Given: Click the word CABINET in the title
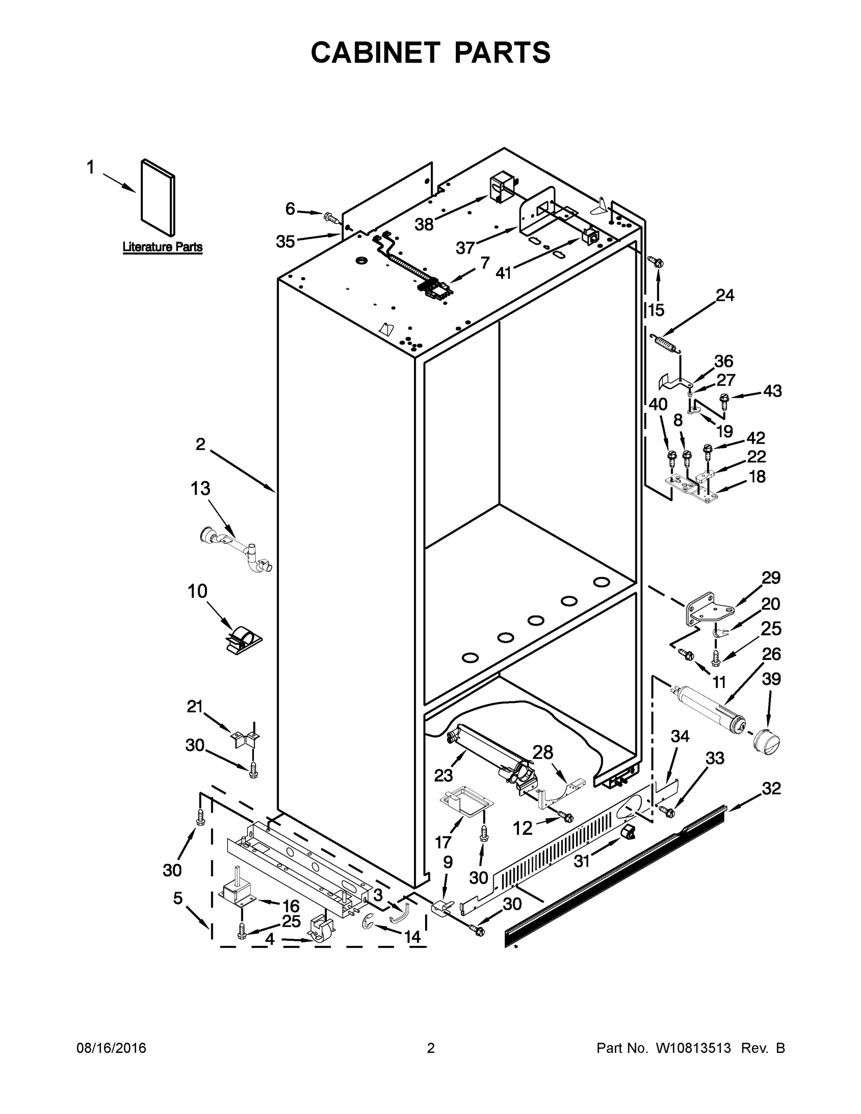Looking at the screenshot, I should tap(375, 52).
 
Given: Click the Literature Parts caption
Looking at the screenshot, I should tap(162, 247).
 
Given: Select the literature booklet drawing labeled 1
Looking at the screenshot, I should tap(158, 197).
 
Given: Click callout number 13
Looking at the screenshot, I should tap(200, 489).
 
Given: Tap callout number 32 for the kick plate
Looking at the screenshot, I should tap(771, 789).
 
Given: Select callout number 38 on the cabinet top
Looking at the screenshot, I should tap(424, 223).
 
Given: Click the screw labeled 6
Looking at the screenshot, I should tap(331, 218).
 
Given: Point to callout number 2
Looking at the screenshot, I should tap(201, 444).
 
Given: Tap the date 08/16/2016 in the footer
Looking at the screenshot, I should tap(111, 1048).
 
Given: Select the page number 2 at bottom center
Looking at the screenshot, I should tap(431, 1048).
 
